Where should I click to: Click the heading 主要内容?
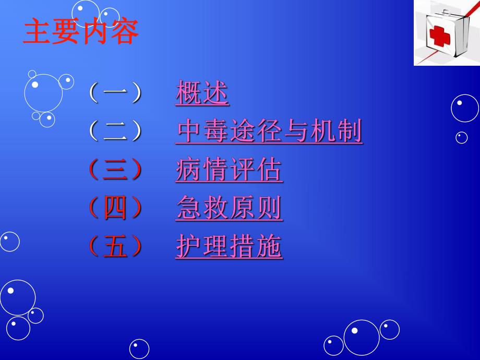coord(81,32)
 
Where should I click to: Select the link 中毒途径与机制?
coord(269,132)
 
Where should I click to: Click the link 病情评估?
coord(229,171)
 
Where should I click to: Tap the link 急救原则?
coord(229,209)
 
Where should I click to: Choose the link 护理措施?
coord(229,247)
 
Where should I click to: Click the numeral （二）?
coord(115,132)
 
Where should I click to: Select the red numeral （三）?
coord(115,171)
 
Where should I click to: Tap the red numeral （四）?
coord(115,209)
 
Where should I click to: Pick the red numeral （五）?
coord(115,247)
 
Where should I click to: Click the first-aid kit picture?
coord(447,32)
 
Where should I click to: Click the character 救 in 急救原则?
coord(216,209)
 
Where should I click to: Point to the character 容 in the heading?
coord(125,32)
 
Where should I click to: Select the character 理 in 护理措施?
coord(216,247)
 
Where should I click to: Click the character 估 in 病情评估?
coord(269,171)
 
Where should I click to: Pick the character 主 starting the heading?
coord(37,32)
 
